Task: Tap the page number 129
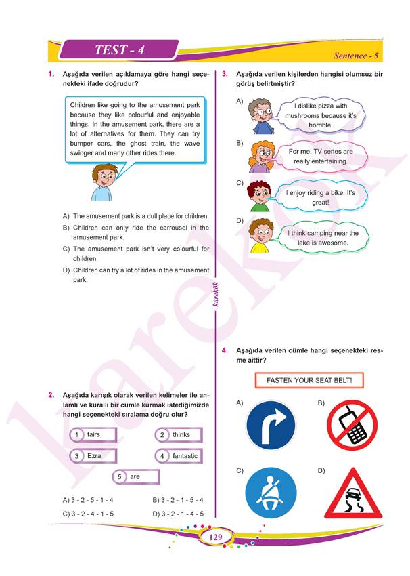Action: click(x=216, y=538)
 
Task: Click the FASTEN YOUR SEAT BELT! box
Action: click(x=309, y=380)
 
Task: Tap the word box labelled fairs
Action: click(x=94, y=434)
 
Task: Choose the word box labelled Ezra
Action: click(x=94, y=456)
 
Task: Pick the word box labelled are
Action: click(x=135, y=477)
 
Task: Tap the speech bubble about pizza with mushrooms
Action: click(x=317, y=115)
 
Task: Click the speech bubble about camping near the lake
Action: click(x=317, y=237)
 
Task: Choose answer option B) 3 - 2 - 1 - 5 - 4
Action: click(x=178, y=500)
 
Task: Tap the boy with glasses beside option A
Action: click(x=258, y=116)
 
